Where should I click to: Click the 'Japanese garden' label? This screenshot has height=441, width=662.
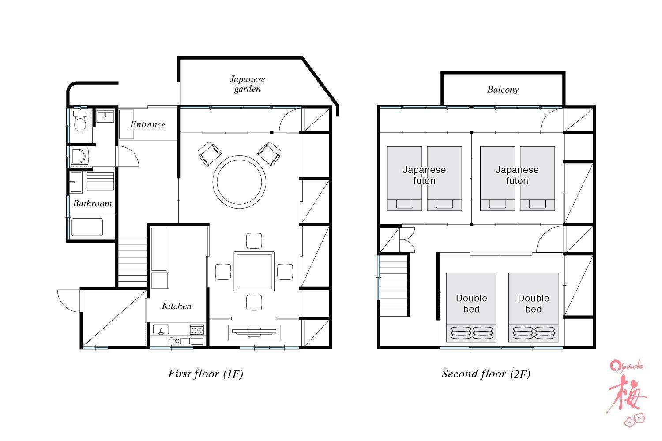tap(247, 84)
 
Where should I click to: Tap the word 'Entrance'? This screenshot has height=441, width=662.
tap(147, 125)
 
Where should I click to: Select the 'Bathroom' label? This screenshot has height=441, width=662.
tap(92, 203)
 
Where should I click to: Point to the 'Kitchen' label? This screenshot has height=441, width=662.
tap(177, 306)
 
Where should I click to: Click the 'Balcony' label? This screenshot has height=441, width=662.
tap(503, 90)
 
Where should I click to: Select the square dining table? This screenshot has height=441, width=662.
tap(254, 272)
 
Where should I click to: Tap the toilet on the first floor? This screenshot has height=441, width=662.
tap(80, 121)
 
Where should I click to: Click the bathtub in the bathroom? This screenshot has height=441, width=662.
tap(87, 227)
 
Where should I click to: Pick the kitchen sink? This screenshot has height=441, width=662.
tap(161, 329)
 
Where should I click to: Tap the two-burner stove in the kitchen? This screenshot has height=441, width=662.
tap(197, 329)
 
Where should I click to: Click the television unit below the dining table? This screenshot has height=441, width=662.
tap(254, 332)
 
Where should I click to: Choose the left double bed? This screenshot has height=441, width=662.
tap(471, 307)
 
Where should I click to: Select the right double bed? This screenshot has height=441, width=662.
tap(533, 307)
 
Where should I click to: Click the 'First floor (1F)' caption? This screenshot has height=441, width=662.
tap(205, 374)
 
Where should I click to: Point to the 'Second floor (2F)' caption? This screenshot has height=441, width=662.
tap(486, 374)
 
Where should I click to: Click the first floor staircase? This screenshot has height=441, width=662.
tap(132, 262)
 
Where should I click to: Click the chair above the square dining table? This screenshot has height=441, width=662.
tap(254, 241)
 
